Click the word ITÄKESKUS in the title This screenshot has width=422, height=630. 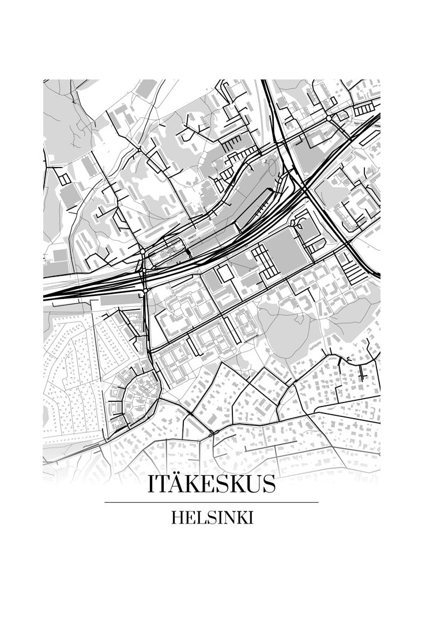(211, 484)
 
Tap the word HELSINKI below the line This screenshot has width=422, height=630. (212, 518)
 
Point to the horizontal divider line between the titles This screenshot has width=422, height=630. (211, 502)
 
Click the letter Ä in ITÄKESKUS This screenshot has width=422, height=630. (174, 485)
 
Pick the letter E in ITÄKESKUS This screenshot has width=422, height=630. (203, 485)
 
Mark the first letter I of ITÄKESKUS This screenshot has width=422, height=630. (151, 485)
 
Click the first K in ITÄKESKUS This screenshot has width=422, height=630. (189, 485)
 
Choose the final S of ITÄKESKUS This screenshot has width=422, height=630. (267, 485)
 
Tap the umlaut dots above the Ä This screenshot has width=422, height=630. (174, 476)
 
